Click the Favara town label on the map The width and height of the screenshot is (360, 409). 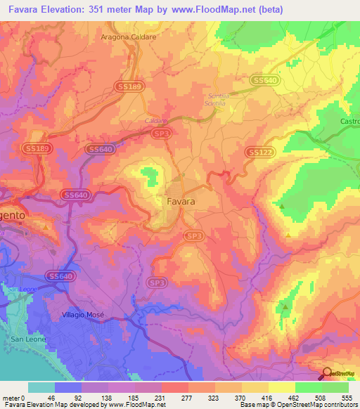[181, 201]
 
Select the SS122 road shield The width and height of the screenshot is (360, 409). [257, 152]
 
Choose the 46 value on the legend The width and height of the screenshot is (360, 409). [51, 397]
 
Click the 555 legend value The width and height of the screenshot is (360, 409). [345, 397]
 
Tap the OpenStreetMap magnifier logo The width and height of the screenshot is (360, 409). [328, 374]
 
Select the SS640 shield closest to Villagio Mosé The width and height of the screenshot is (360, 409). [61, 277]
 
